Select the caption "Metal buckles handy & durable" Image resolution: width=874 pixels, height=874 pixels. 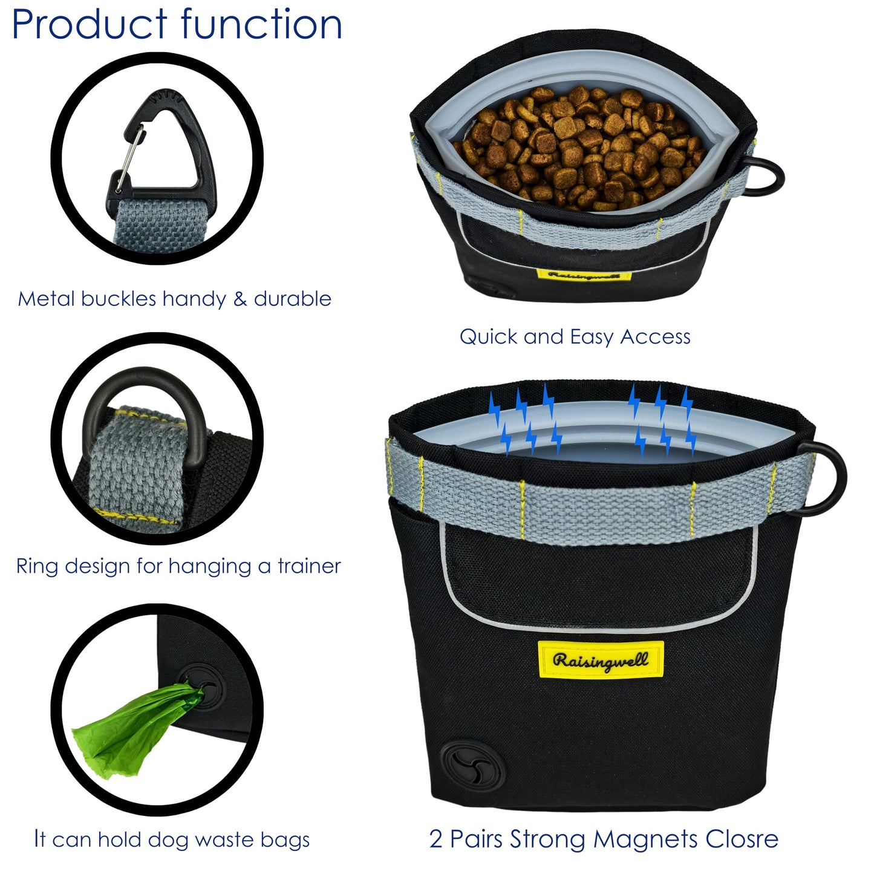(174, 299)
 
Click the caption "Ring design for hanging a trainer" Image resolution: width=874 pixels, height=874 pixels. (178, 566)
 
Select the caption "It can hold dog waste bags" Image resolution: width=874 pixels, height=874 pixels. (172, 839)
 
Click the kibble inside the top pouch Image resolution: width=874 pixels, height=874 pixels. (581, 145)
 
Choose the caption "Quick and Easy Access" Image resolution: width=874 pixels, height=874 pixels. (575, 337)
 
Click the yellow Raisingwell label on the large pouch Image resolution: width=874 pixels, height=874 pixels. (601, 660)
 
